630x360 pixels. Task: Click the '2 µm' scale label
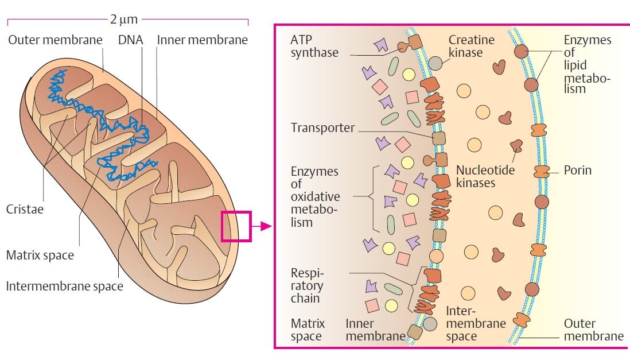point(124,20)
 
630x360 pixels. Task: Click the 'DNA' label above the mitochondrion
point(130,40)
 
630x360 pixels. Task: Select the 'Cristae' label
point(25,209)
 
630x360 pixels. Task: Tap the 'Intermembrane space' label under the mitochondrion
point(64,285)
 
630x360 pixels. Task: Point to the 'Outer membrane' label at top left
point(55,40)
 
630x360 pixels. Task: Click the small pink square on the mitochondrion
point(236,226)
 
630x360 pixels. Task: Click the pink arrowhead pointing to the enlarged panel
point(265,226)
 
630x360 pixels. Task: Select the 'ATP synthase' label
point(314,47)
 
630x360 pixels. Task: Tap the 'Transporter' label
point(322,127)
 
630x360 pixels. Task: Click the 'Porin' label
point(577,170)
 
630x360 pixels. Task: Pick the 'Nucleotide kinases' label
point(485,176)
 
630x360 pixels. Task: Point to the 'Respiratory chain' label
point(307,285)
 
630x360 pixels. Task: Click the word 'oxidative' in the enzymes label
point(315,196)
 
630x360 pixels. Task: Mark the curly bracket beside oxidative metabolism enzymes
point(374,197)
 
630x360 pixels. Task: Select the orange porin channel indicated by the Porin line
point(541,171)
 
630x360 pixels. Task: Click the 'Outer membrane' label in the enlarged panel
point(593,330)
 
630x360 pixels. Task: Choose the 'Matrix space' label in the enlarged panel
point(308,330)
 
